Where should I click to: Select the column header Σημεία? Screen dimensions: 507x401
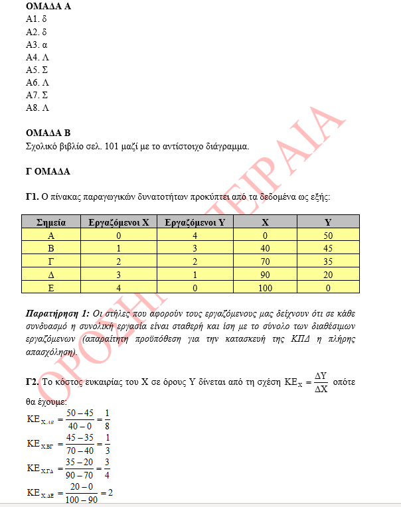pos(50,222)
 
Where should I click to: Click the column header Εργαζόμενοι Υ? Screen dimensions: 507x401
pos(195,222)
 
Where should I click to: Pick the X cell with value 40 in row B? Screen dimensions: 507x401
pos(265,248)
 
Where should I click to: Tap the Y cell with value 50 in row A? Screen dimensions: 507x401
pos(328,235)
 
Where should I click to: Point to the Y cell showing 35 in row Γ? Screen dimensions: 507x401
pos(328,260)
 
